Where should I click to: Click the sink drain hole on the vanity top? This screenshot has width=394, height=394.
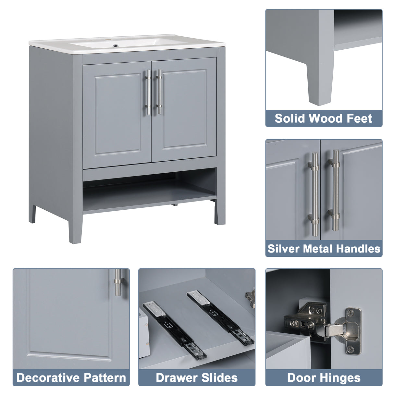[x=115, y=46]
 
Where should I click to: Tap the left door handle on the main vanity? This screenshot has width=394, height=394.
[x=148, y=92]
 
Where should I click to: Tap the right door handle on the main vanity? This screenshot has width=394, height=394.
[x=159, y=92]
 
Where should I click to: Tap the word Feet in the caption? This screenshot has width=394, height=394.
[x=359, y=118]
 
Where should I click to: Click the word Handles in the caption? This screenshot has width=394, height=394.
[x=358, y=249]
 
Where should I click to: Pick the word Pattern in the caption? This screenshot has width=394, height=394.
[x=105, y=378]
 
